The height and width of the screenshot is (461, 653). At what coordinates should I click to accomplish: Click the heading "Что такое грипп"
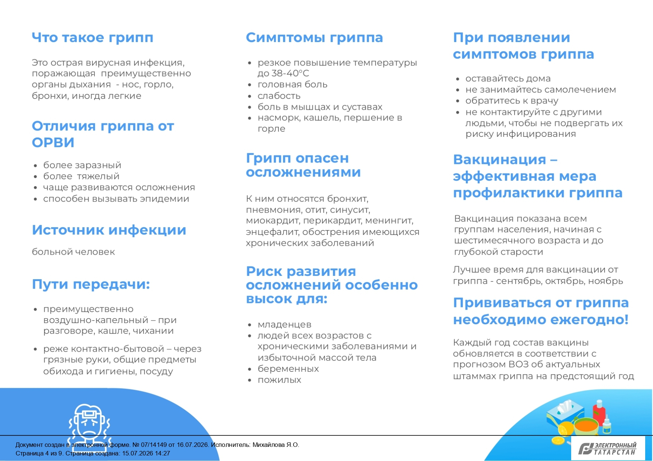(93, 38)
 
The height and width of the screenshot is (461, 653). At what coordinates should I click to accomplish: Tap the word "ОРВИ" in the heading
(53, 142)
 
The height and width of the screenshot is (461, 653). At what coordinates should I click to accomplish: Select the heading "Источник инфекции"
(109, 230)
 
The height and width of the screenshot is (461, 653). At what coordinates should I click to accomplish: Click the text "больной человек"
(73, 252)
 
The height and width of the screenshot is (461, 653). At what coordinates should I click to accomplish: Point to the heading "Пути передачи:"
(91, 284)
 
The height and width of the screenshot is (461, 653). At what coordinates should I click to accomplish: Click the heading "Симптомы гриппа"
(314, 38)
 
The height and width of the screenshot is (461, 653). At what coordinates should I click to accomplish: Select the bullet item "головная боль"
(292, 85)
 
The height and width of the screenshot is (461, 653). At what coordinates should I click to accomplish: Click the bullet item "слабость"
(279, 96)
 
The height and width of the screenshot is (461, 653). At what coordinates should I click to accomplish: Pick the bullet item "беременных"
(288, 369)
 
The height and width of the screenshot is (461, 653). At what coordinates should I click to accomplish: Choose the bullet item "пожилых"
(279, 380)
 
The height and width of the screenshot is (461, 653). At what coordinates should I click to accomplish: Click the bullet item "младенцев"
(285, 325)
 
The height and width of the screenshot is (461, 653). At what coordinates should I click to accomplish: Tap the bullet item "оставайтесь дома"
(508, 79)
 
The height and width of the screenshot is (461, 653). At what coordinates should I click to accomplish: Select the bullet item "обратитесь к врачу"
(512, 101)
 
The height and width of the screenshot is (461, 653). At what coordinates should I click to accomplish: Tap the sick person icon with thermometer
(89, 423)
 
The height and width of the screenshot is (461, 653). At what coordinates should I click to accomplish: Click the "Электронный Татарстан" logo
(608, 448)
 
